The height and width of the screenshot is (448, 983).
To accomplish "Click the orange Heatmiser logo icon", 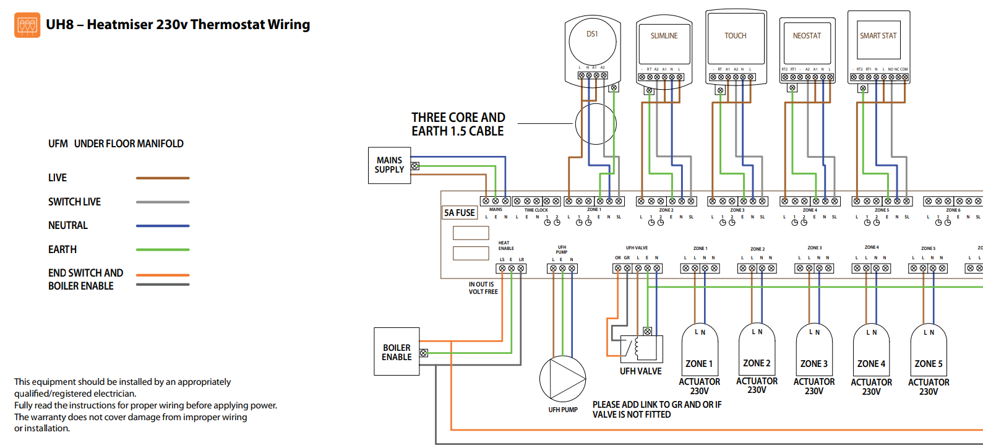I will coord(27,25).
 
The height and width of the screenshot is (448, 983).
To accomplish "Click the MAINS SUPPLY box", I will coord(389,165).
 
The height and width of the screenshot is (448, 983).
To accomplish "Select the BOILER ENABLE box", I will coord(397,352).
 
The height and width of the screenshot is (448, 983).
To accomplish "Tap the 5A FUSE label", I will coord(460,213).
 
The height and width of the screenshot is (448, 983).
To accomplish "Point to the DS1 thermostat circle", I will coord(592,41).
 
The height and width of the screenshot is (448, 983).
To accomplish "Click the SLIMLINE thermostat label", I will coord(664,36).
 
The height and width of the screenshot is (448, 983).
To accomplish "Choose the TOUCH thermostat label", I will coord(736,36).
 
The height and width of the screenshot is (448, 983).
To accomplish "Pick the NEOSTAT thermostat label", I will coord(807,36).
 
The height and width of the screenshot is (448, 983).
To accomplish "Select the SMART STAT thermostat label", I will coord(878,36).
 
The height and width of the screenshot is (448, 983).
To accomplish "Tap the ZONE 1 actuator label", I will coord(699,364).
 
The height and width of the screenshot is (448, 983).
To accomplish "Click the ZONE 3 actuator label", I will coord(813,364).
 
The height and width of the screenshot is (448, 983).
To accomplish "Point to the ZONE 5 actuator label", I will coord(929,364).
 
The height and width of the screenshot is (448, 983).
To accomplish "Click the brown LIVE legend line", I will coord(163,178).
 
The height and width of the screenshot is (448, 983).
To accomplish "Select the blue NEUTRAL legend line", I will coord(163,226).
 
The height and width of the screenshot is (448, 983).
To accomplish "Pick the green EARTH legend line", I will coord(163,249).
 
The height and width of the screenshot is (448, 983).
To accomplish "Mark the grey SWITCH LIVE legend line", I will coord(163,202).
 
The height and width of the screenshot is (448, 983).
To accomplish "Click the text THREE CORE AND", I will coord(458,118).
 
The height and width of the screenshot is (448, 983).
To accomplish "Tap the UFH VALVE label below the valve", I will coord(640,371).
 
